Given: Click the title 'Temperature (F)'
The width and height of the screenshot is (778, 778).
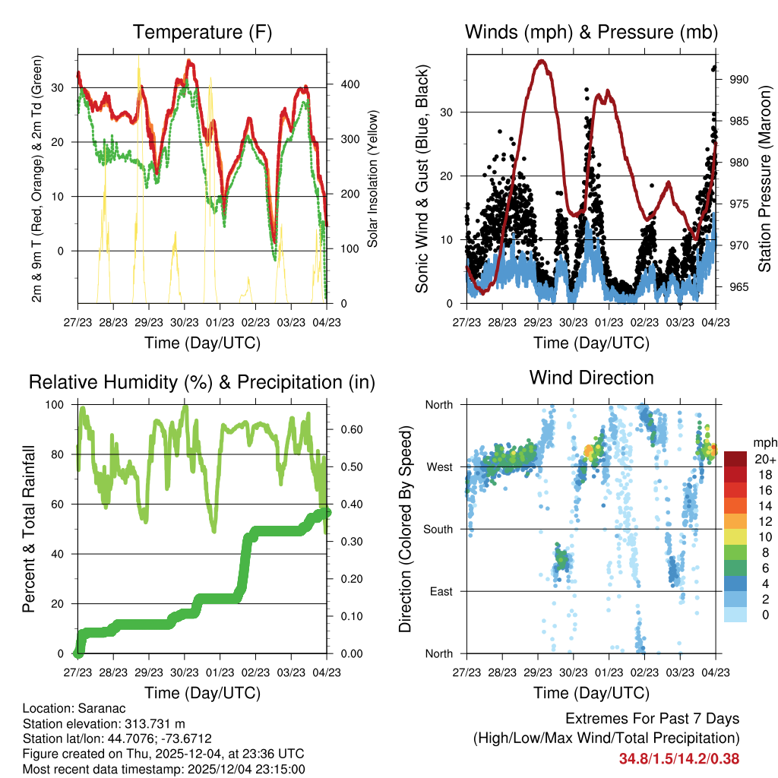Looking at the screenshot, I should point(202,32).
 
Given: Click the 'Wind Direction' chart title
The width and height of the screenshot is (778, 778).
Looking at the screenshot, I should point(591,377).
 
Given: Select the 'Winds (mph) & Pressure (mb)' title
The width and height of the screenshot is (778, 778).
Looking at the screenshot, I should point(591,32).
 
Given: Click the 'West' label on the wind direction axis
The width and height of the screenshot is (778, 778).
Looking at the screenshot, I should point(438,466).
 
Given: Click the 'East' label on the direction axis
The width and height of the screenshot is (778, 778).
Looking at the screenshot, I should point(440,591).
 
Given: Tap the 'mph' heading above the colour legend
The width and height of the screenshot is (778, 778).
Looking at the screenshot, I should point(764,442).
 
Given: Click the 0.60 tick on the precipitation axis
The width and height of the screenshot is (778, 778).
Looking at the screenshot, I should point(346,429).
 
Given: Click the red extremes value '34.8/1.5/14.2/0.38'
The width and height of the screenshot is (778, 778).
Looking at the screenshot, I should point(678,758).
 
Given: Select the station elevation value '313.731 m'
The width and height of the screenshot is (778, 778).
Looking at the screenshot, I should point(143,723).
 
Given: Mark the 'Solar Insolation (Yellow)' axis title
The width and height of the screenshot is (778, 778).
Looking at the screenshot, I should point(373,177).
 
